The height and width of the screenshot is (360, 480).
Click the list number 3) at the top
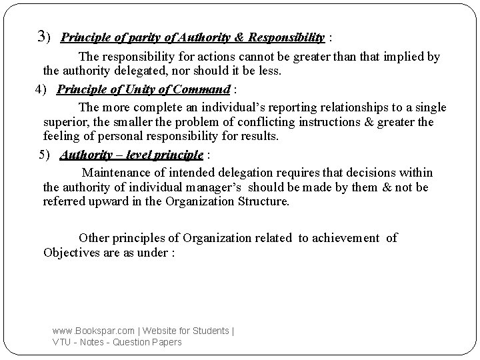click(x=45, y=36)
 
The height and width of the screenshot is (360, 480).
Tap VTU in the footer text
click(x=62, y=342)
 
